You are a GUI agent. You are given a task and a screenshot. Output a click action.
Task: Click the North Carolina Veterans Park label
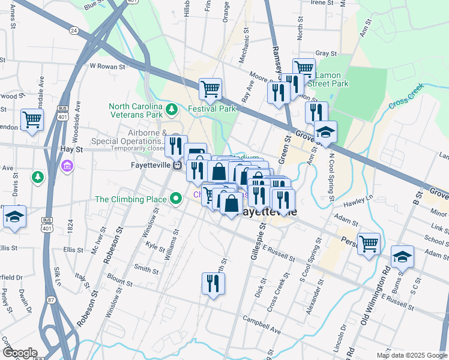136,110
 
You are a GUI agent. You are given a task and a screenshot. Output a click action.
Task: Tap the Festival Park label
212,109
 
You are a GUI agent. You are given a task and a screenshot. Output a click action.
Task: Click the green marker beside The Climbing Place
176,198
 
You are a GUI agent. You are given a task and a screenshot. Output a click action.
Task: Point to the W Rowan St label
106,67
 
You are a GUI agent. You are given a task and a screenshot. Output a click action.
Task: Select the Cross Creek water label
406,96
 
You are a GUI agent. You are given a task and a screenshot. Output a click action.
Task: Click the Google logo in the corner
19,353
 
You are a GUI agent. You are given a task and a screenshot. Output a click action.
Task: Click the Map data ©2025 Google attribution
412,355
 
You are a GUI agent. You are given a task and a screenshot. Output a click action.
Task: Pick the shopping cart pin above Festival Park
210,90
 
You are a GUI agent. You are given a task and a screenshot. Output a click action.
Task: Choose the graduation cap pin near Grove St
325,133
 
